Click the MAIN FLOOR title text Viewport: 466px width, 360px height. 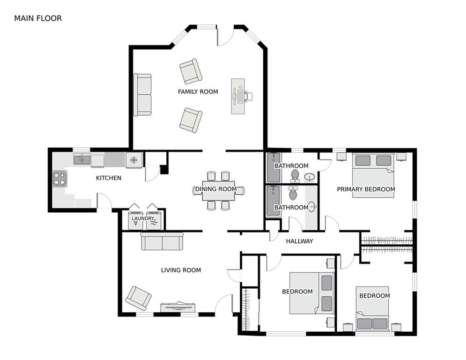click(38, 18)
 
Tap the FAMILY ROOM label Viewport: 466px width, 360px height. click(198, 91)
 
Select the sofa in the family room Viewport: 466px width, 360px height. click(142, 95)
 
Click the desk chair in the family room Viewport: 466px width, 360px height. click(248, 96)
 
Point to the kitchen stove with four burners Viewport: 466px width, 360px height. click(59, 179)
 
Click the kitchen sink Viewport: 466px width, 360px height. click(82, 159)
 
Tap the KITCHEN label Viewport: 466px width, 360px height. click(109, 178)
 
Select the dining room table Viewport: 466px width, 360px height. click(218, 191)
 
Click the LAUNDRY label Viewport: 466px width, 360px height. click(143, 218)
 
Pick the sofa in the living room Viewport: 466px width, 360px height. click(162, 241)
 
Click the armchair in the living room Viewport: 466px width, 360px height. click(138, 298)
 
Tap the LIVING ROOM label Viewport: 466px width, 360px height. click(181, 270)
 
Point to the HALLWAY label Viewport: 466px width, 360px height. click(300, 241)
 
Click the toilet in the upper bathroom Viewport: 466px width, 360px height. click(295, 176)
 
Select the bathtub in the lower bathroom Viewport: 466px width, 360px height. click(273, 201)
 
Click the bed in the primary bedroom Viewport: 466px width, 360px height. click(373, 175)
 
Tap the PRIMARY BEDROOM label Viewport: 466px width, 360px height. click(366, 189)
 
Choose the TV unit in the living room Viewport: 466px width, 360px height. click(178, 307)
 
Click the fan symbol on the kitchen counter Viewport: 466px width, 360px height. click(134, 160)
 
